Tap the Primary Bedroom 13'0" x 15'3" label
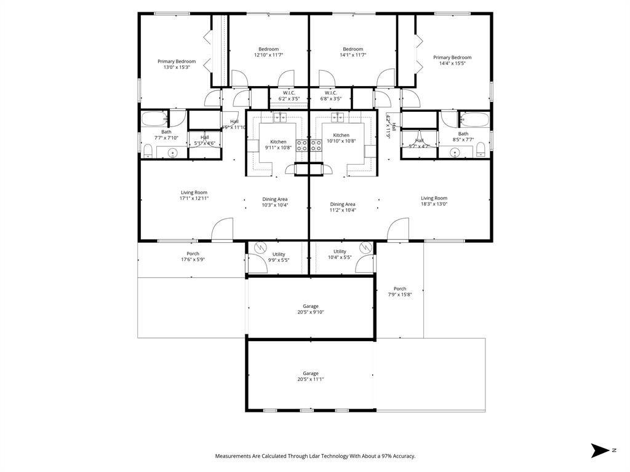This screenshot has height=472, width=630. tap(177, 64)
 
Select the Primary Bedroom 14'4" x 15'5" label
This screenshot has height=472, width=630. tap(452, 60)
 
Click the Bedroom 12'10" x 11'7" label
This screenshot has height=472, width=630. tap(268, 52)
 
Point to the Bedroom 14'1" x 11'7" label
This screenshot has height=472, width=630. tap(353, 52)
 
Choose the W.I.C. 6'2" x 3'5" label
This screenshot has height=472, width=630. tap(289, 95)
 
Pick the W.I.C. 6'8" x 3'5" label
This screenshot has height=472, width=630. tap(331, 95)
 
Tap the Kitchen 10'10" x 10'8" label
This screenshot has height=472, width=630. tap(341, 138)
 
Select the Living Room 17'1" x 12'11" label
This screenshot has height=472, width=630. tap(194, 195)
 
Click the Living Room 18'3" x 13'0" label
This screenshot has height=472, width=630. tap(434, 201)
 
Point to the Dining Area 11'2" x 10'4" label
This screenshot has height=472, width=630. tap(343, 207)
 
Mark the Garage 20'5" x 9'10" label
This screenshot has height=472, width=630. tap(311, 309)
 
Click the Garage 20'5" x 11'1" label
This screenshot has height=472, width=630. tap(311, 376)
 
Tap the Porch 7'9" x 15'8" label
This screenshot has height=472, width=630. tap(400, 291)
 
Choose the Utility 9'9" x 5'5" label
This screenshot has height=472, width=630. tap(279, 257)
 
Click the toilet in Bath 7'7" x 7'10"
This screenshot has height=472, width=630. tap(148, 150)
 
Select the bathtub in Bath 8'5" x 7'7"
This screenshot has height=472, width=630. tap(474, 119)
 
